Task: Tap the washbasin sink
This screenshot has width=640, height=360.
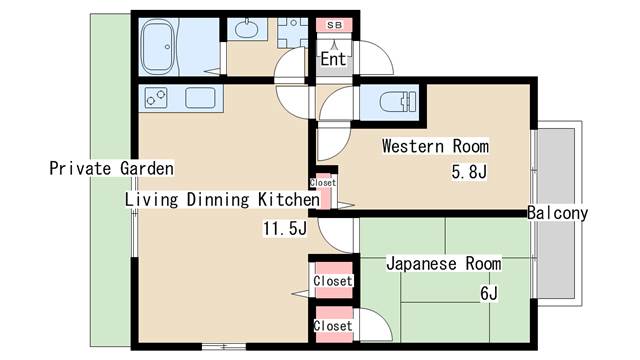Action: coord(246,29)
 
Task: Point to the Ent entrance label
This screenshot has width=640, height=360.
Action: coord(333,59)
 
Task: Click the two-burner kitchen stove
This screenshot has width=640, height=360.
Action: coord(158,98)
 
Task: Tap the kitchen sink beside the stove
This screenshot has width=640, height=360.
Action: coord(200,98)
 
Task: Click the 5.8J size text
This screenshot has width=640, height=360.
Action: coord(468,172)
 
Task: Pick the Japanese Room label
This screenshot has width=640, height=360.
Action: coord(443,264)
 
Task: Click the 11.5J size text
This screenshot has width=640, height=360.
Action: coord(284,229)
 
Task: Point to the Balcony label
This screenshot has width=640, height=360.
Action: coord(557,213)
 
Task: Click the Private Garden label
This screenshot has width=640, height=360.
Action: coord(111,168)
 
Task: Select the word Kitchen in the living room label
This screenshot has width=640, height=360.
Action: coord(288,199)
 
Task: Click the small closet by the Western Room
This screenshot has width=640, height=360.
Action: coord(324,183)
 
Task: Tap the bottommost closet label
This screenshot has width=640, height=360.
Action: coord(332,326)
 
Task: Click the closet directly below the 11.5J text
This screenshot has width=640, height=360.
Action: coord(332,281)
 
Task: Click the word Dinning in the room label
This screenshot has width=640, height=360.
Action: coord(216,199)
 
